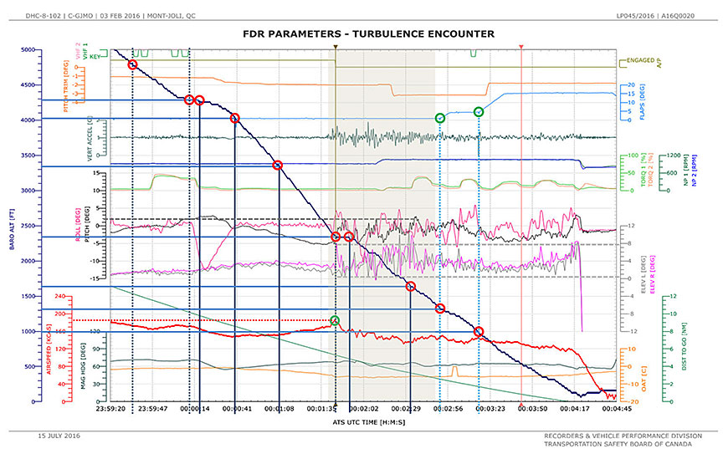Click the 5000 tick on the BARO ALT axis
[x=29, y=50]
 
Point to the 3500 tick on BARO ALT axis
[x=29, y=156]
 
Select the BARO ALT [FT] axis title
[x=10, y=226]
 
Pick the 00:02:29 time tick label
[x=405, y=408]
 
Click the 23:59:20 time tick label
[x=110, y=408]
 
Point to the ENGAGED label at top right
[x=640, y=60]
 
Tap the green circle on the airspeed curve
[x=335, y=321]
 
